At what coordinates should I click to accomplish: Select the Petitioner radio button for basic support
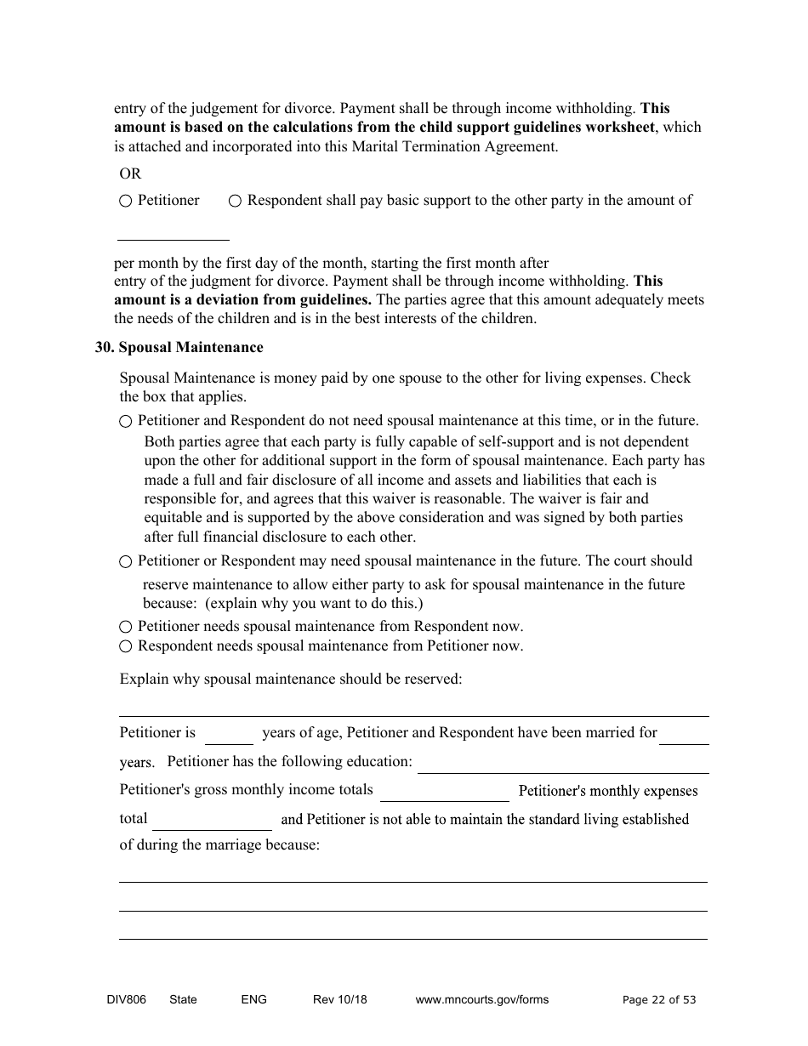pos(126,202)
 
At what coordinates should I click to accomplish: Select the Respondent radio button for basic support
pos(235,202)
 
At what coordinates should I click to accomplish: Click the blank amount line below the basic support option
pos(174,233)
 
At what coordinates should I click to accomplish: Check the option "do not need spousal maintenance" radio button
pos(126,421)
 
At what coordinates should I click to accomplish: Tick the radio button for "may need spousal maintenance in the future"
pos(126,562)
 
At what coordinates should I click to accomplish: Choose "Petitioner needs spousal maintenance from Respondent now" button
pos(126,627)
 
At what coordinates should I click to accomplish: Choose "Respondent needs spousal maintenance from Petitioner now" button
pos(126,646)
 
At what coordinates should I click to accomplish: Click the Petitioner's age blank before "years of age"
pos(229,736)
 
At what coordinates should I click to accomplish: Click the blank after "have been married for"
pos(684,736)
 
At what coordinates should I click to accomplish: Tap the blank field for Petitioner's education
pos(562,765)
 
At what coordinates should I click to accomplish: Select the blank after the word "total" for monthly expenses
pos(212,821)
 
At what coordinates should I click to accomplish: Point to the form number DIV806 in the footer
pos(120,1000)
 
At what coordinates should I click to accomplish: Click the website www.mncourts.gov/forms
pos(481,1000)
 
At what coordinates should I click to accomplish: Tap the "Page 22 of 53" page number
pos(659,1000)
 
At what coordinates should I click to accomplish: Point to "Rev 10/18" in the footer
pos(339,1000)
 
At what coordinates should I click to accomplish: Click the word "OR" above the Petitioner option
pos(130,173)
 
